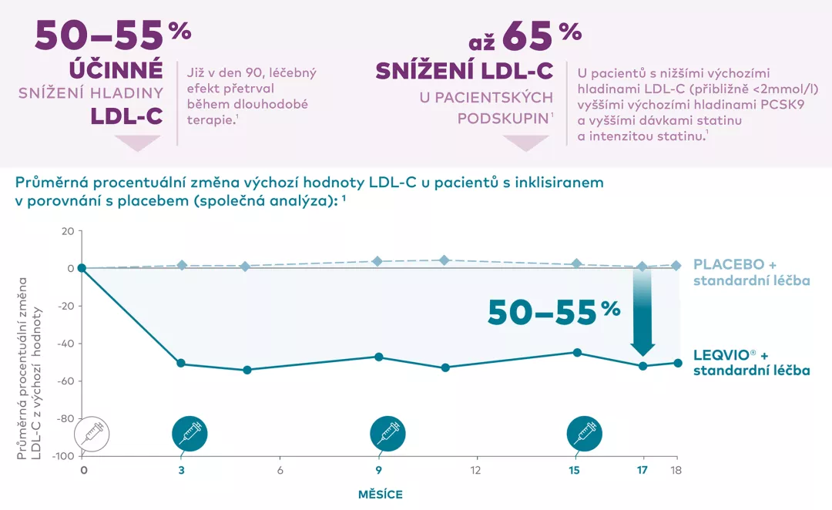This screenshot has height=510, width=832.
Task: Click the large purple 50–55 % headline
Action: (112, 34)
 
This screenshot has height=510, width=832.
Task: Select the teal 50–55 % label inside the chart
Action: (554, 311)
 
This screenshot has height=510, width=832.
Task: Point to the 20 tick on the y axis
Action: (67, 231)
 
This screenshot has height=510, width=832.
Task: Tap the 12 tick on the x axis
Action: (476, 471)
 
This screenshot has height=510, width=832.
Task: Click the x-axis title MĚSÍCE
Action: (381, 494)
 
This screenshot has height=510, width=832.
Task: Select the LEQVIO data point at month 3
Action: (181, 363)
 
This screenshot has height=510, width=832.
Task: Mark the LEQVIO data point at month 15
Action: (575, 353)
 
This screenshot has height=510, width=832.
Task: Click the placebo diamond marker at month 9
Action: (377, 261)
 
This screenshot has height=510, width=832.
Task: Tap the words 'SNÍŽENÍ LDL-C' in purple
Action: (465, 72)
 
